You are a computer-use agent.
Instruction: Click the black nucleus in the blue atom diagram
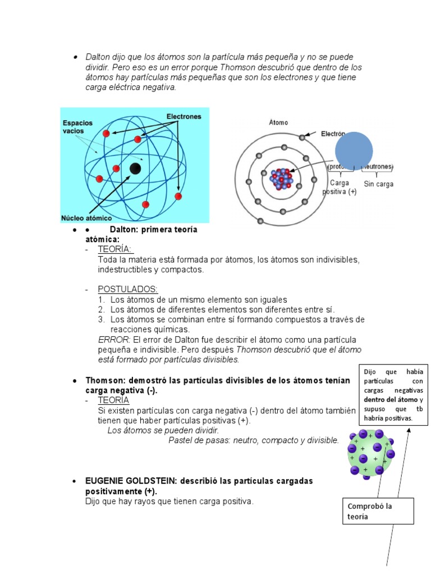(135, 168)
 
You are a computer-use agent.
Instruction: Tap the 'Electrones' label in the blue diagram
(184, 116)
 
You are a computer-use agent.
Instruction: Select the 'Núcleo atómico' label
(86, 218)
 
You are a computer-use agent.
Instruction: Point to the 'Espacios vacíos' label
(77, 126)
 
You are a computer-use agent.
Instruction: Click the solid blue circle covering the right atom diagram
(354, 150)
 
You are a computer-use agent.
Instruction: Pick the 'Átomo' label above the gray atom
(278, 122)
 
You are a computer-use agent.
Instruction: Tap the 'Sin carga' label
(378, 184)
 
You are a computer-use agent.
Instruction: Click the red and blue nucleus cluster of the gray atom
(281, 179)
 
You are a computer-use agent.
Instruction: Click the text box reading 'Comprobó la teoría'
(379, 511)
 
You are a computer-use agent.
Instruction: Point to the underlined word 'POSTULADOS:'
(128, 289)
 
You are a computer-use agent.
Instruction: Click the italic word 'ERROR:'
(114, 340)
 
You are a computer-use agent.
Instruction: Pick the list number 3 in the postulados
(102, 320)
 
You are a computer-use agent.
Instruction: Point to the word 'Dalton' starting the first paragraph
(97, 57)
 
